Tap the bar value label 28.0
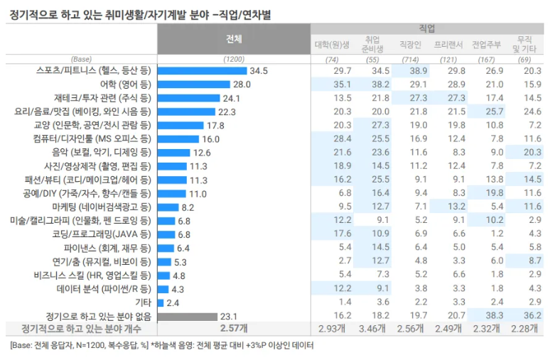(242, 84)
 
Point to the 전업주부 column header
(487, 44)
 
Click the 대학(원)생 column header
(332, 44)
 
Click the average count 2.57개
(234, 329)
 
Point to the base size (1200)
(234, 59)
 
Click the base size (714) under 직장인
(411, 59)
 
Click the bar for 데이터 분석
(163, 289)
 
